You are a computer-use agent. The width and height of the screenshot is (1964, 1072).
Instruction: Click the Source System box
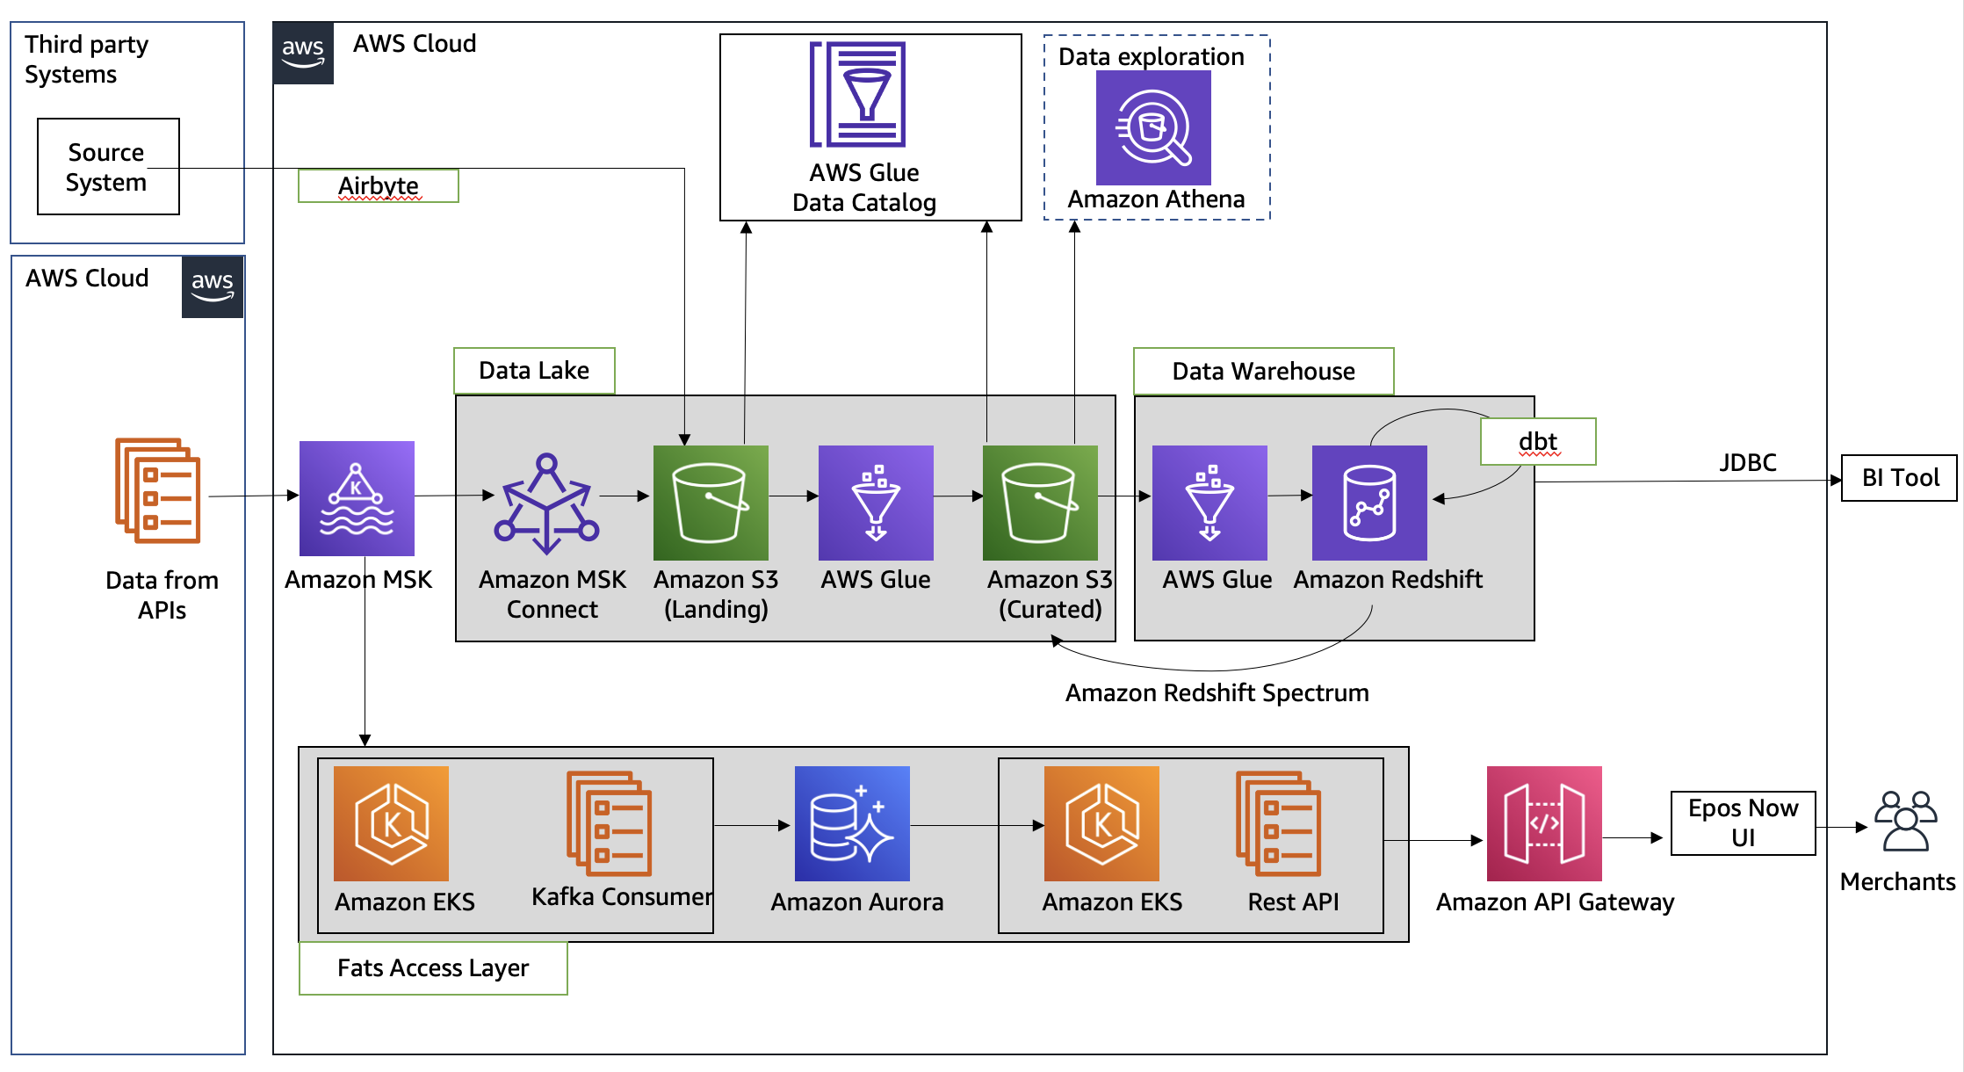coord(108,167)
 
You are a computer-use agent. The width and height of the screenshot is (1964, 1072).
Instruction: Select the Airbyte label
coord(378,185)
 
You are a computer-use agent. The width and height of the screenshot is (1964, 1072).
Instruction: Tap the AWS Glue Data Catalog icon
coord(858,94)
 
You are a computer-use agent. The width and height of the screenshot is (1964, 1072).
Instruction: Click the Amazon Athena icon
coord(1153,128)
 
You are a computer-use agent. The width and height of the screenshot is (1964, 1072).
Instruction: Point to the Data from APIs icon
coord(158,490)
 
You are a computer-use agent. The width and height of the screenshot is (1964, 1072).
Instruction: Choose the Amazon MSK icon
coord(357,498)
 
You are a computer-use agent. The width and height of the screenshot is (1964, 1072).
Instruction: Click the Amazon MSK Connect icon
coord(546,503)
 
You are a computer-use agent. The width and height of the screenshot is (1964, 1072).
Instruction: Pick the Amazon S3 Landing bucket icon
coord(711,503)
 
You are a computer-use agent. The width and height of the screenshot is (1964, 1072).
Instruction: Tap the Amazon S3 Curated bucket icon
coord(1040,503)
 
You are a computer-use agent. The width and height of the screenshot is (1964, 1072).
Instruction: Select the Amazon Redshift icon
coord(1369,503)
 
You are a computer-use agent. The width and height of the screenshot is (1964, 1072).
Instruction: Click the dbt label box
coord(1538,441)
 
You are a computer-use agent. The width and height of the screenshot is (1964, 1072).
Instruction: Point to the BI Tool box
coord(1899,478)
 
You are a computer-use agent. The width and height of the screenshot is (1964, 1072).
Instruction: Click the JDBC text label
coord(1748,462)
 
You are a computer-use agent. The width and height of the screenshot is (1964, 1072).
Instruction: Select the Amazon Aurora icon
coord(852,823)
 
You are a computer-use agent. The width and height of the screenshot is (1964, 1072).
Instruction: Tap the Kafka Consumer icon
coord(610,823)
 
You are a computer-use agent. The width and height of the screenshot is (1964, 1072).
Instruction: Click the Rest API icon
coord(1278,823)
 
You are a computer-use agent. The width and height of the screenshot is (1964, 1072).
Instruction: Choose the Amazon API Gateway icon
coord(1544,823)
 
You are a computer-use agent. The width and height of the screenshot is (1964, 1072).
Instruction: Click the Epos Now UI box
coord(1743,823)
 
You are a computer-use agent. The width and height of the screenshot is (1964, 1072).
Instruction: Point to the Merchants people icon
coord(1905,822)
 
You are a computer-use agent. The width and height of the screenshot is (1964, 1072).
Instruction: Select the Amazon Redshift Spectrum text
coord(1217,693)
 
